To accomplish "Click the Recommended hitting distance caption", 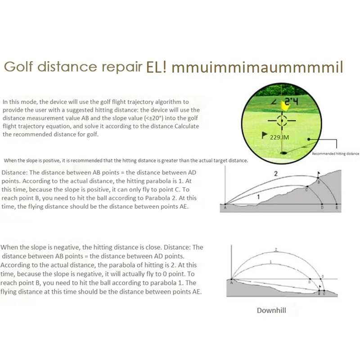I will pyautogui.click(x=335, y=153).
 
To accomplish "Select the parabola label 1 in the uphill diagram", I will pyautogui.click(x=258, y=197).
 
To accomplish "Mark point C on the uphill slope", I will pyautogui.click(x=307, y=190).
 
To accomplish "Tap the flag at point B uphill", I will pyautogui.click(x=319, y=174).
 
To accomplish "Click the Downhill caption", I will pyautogui.click(x=271, y=310).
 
